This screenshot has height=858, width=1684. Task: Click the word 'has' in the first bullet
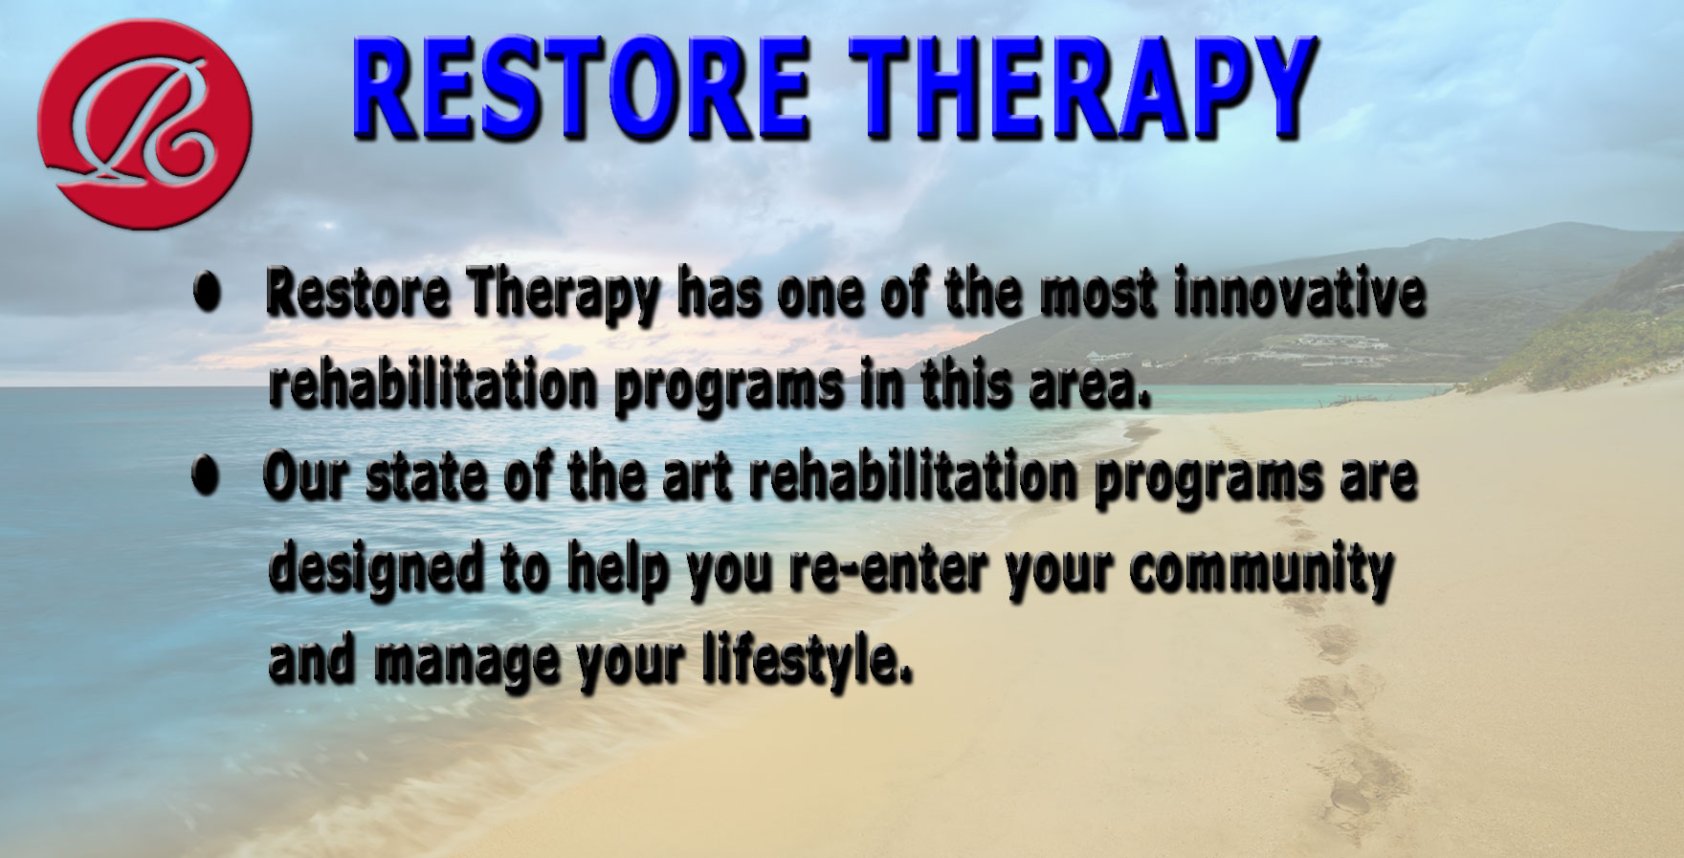717,295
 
